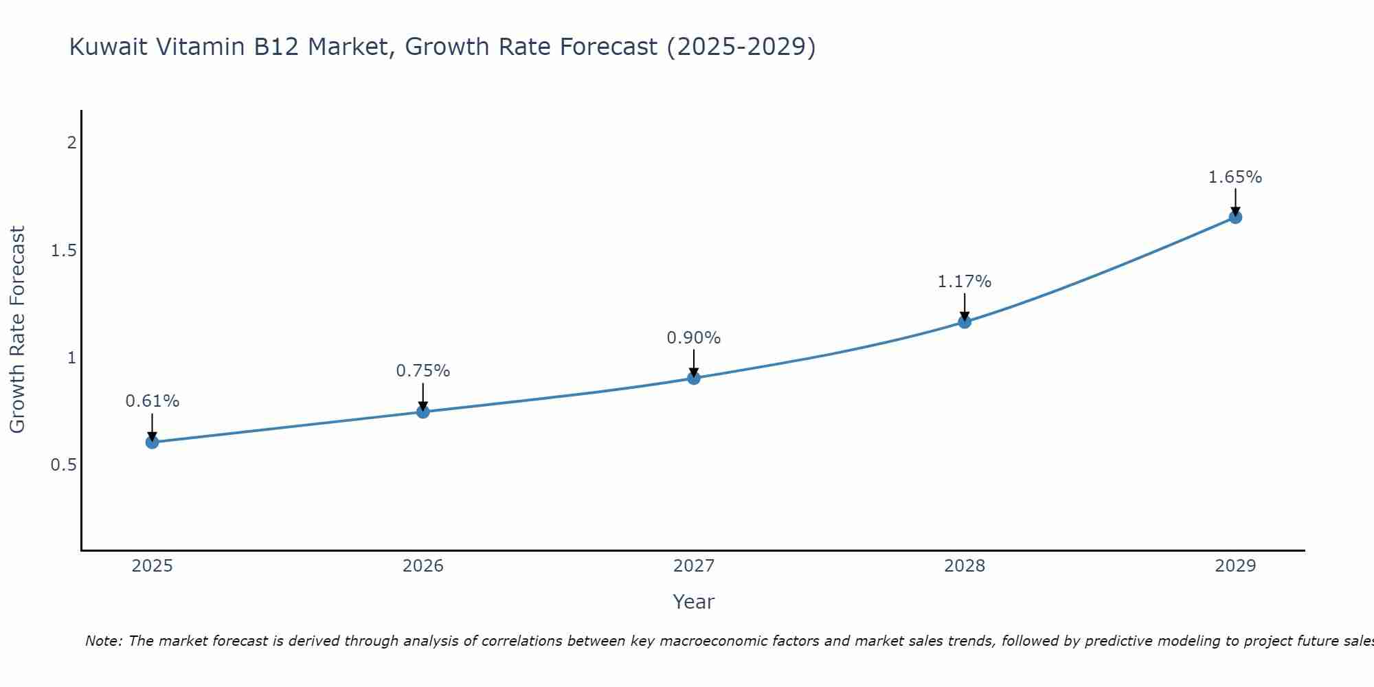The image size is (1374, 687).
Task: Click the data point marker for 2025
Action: click(153, 442)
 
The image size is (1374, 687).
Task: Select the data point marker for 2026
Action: click(423, 412)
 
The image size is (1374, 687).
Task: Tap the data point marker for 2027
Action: click(694, 378)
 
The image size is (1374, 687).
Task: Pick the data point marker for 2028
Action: click(965, 322)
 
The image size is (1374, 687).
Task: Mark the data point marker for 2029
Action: click(1235, 217)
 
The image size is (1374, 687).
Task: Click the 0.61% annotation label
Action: click(153, 401)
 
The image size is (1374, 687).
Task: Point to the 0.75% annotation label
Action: click(423, 371)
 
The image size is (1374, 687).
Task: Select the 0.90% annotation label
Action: click(694, 338)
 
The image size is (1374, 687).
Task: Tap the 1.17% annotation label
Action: click(965, 282)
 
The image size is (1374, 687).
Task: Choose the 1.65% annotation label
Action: click(1235, 177)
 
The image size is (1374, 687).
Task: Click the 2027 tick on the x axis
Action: click(694, 566)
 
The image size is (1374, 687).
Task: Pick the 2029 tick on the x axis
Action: click(1235, 566)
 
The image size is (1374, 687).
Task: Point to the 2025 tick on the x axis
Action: click(153, 566)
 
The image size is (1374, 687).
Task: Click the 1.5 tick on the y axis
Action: click(63, 251)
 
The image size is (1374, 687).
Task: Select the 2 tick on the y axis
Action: click(71, 143)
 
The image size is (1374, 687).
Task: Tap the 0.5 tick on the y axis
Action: click(63, 465)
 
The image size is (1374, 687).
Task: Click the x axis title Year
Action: click(694, 602)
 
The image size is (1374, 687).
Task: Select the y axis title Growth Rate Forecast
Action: click(17, 330)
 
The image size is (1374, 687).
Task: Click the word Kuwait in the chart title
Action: click(109, 47)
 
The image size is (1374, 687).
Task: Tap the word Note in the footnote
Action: click(103, 641)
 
